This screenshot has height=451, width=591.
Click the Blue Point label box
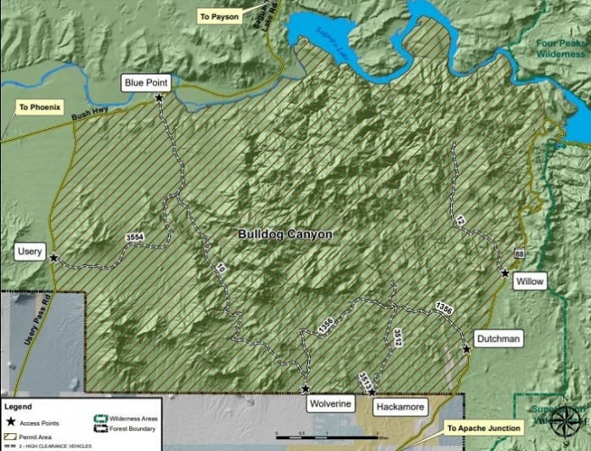[x=147, y=82]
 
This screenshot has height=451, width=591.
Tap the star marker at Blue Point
[x=159, y=99]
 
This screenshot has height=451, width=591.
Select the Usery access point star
[x=54, y=257]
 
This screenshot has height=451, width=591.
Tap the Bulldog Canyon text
[x=284, y=234]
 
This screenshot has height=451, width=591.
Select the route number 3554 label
[x=134, y=238]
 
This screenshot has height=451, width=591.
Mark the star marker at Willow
[x=505, y=273]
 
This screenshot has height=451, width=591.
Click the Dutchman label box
[x=498, y=338]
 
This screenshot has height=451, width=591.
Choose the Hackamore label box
[x=399, y=407]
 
